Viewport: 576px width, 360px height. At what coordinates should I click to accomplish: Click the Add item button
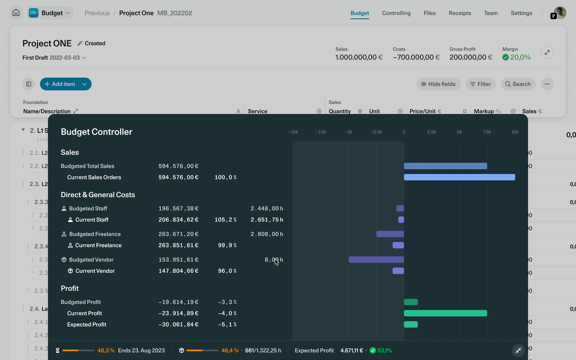[x=60, y=84]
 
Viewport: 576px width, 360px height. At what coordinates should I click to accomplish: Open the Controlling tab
[x=396, y=13]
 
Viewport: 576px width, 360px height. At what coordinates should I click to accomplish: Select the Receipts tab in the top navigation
[x=460, y=13]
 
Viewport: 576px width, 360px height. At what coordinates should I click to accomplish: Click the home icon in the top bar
[x=16, y=13]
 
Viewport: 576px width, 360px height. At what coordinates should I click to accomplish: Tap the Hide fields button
[x=438, y=84]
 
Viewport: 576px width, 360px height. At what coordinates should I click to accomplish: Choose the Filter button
[x=480, y=84]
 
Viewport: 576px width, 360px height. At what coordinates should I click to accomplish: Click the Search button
[x=518, y=84]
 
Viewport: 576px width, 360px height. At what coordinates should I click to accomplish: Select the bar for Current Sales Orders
[x=459, y=177]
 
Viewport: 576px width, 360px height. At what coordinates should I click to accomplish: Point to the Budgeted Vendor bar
[x=376, y=260]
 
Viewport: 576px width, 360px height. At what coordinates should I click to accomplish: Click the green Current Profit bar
[x=445, y=313]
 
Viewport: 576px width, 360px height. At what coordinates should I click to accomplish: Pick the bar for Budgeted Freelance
[x=390, y=234]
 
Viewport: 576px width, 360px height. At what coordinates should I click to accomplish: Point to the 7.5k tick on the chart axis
[x=487, y=132]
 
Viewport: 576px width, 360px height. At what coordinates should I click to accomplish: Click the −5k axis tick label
[x=348, y=132]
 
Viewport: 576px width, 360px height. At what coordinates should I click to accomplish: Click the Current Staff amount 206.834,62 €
[x=178, y=220]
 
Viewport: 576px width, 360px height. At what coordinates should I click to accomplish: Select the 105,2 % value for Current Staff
[x=226, y=220]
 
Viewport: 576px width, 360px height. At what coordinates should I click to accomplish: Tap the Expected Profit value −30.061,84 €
[x=178, y=324]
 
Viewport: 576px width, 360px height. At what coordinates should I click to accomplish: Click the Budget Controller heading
[x=96, y=132]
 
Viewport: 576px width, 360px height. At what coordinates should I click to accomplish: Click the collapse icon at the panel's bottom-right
[x=518, y=350]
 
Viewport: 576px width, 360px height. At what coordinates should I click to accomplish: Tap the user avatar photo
[x=560, y=12]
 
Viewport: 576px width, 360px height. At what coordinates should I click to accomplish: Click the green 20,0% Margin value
[x=520, y=57]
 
